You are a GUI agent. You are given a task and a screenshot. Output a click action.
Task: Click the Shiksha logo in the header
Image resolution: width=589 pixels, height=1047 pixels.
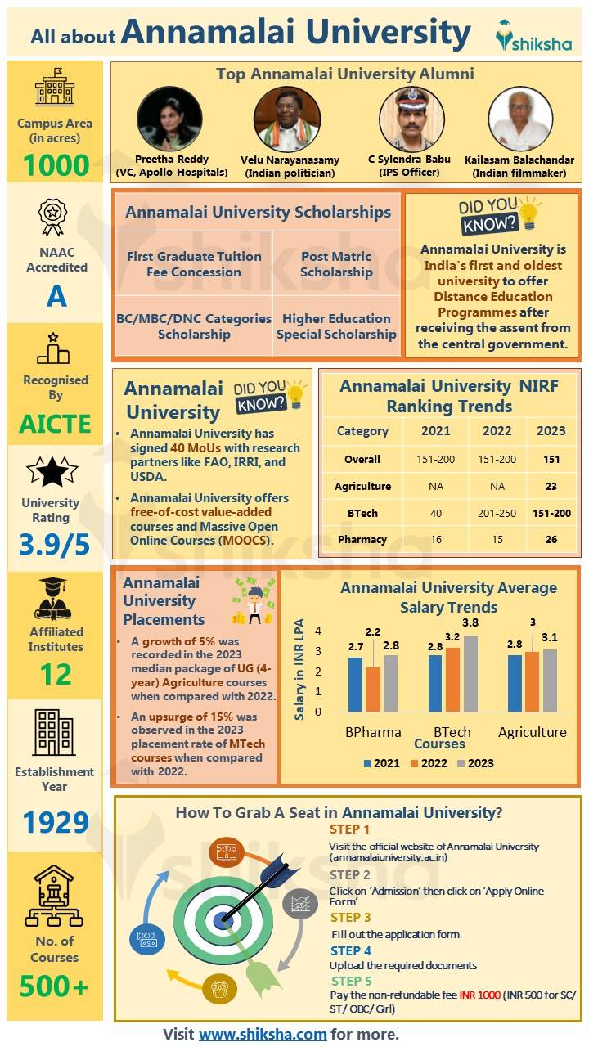coord(533,37)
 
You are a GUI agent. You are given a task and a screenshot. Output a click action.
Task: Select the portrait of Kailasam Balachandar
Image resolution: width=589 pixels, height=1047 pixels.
coord(520,119)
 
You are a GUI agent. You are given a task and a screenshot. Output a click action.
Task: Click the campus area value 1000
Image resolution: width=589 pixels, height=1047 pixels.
coord(56,166)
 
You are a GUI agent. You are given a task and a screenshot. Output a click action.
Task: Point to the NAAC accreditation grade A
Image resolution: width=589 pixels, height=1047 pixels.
coord(56,296)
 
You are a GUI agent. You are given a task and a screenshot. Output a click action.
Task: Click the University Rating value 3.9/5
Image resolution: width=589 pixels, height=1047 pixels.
coord(56,545)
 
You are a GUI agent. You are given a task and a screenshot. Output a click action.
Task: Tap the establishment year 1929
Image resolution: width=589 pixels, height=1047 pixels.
coord(56,822)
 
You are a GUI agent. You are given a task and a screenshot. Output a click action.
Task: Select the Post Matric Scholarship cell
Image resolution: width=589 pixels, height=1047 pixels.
coord(336,264)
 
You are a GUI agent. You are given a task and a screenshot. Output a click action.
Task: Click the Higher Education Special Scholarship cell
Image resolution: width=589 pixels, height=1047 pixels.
coord(336,326)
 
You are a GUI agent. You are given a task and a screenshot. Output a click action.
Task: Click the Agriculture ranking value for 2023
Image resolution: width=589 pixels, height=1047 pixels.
coord(551,486)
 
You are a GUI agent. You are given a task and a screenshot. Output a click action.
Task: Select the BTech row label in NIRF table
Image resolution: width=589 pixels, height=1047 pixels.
coord(362,513)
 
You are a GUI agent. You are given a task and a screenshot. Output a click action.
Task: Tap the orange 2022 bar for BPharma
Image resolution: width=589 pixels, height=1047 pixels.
coord(373,689)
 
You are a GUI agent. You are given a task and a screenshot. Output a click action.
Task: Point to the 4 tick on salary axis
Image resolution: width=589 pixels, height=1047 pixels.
coord(317,631)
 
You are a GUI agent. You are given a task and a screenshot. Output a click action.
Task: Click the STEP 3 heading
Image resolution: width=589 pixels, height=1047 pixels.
coord(350,918)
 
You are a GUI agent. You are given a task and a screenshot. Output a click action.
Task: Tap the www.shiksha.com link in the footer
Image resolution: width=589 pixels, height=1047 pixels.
coord(263,1034)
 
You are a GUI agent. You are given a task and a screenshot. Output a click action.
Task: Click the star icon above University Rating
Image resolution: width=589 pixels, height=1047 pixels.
coord(52,471)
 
